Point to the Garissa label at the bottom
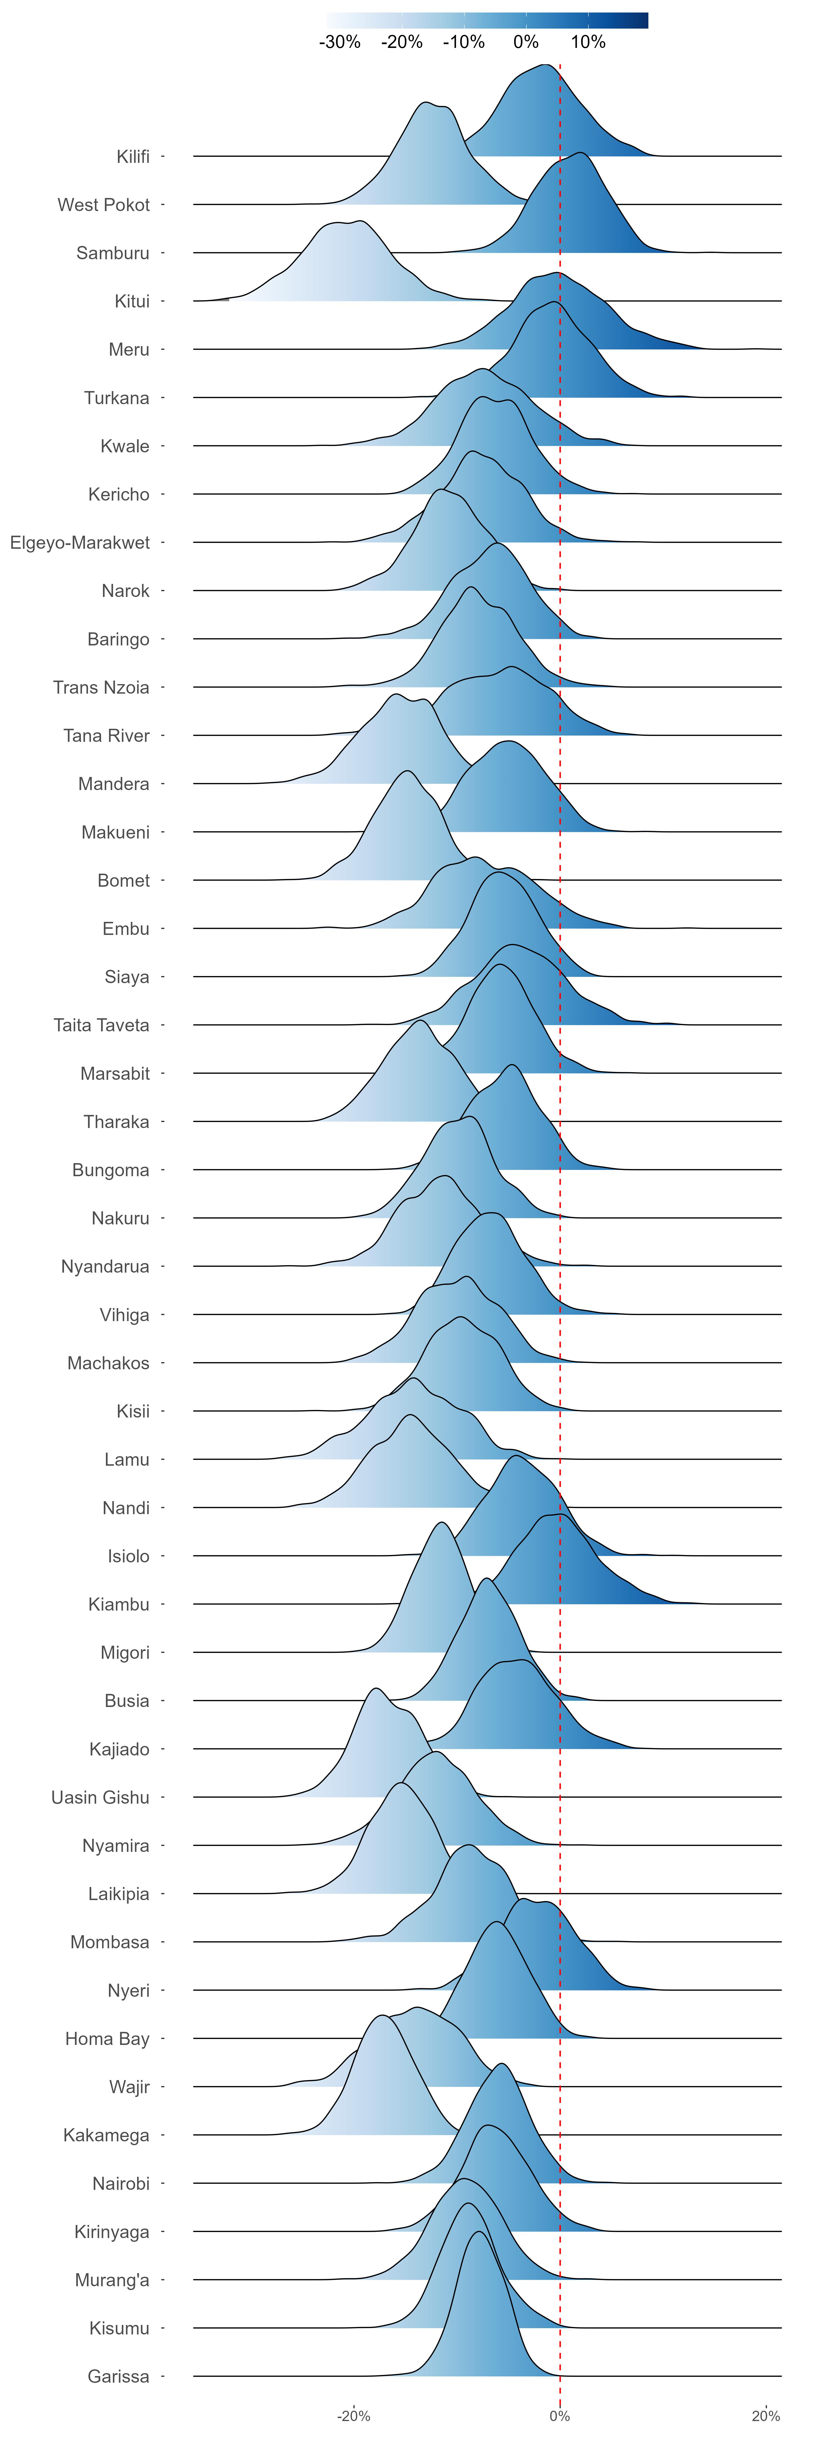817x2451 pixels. coord(118,2376)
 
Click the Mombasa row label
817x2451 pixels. coord(109,1942)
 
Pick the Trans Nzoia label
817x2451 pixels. coord(101,687)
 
